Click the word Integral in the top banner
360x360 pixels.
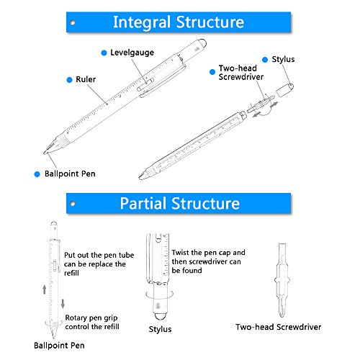click(x=142, y=22)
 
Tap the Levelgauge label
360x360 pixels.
click(x=132, y=53)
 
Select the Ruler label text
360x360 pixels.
click(x=86, y=79)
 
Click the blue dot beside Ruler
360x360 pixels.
click(x=69, y=80)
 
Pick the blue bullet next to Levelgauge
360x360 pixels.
click(x=104, y=53)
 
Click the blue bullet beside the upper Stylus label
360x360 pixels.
click(x=265, y=60)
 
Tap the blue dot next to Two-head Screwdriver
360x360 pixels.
click(x=212, y=72)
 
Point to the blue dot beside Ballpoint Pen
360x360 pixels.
click(x=37, y=174)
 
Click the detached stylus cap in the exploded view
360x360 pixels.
click(x=284, y=90)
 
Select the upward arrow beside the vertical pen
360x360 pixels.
click(x=45, y=289)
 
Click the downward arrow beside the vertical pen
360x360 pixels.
click(x=63, y=304)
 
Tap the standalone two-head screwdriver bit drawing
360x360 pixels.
click(x=282, y=280)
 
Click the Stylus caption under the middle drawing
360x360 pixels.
click(x=160, y=329)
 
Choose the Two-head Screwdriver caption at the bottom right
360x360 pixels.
click(x=278, y=327)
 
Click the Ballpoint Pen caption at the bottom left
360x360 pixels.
click(x=59, y=346)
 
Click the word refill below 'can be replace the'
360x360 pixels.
click(x=71, y=273)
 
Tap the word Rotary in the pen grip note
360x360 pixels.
click(x=76, y=318)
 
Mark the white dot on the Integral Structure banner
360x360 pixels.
click(x=73, y=23)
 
